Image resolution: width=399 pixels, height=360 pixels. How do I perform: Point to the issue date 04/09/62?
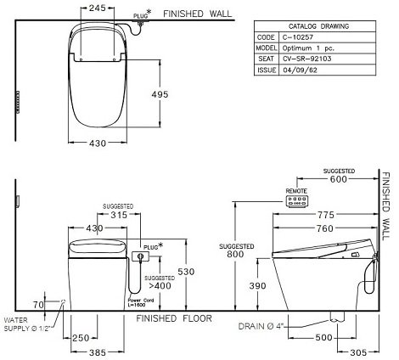coord(297,70)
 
